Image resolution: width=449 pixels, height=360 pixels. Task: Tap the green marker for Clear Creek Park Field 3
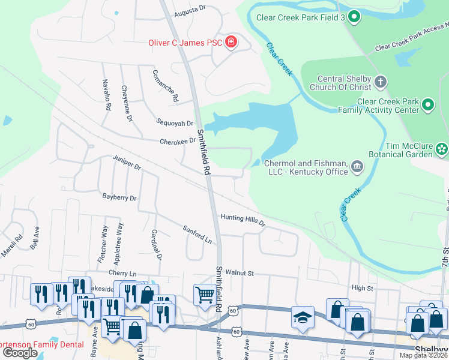(x=354, y=17)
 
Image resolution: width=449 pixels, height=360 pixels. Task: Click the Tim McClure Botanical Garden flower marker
(x=442, y=148)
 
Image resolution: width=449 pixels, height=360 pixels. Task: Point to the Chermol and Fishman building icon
(x=357, y=166)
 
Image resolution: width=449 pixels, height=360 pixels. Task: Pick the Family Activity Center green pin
(x=427, y=105)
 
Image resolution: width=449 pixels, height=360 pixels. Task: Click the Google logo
(x=20, y=352)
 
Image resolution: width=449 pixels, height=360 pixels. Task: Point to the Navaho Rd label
(x=106, y=94)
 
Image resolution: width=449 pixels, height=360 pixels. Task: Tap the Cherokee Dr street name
(x=178, y=142)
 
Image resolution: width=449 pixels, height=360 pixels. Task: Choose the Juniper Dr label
(x=126, y=161)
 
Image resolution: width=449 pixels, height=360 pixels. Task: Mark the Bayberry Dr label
(x=119, y=197)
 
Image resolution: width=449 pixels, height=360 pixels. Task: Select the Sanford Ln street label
(x=198, y=235)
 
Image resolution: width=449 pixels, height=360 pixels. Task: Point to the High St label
(x=362, y=288)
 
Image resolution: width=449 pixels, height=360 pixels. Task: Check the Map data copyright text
(x=424, y=355)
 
